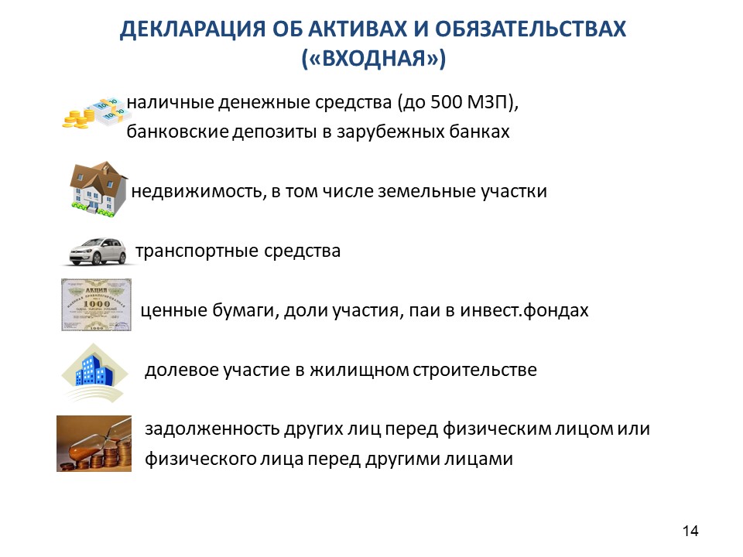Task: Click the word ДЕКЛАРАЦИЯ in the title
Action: point(193,29)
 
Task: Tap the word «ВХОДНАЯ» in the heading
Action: point(374,58)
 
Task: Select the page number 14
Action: point(690,531)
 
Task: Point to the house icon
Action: point(98,189)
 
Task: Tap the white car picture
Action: point(98,251)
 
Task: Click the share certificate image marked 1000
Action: point(96,305)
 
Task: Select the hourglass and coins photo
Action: point(94,443)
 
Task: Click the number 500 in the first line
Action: point(447,102)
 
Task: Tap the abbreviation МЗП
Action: point(487,102)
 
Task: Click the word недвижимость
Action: point(197,191)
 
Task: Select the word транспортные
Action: point(197,251)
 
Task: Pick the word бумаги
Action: point(245,311)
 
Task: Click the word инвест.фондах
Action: point(525,311)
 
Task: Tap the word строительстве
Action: point(474,370)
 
